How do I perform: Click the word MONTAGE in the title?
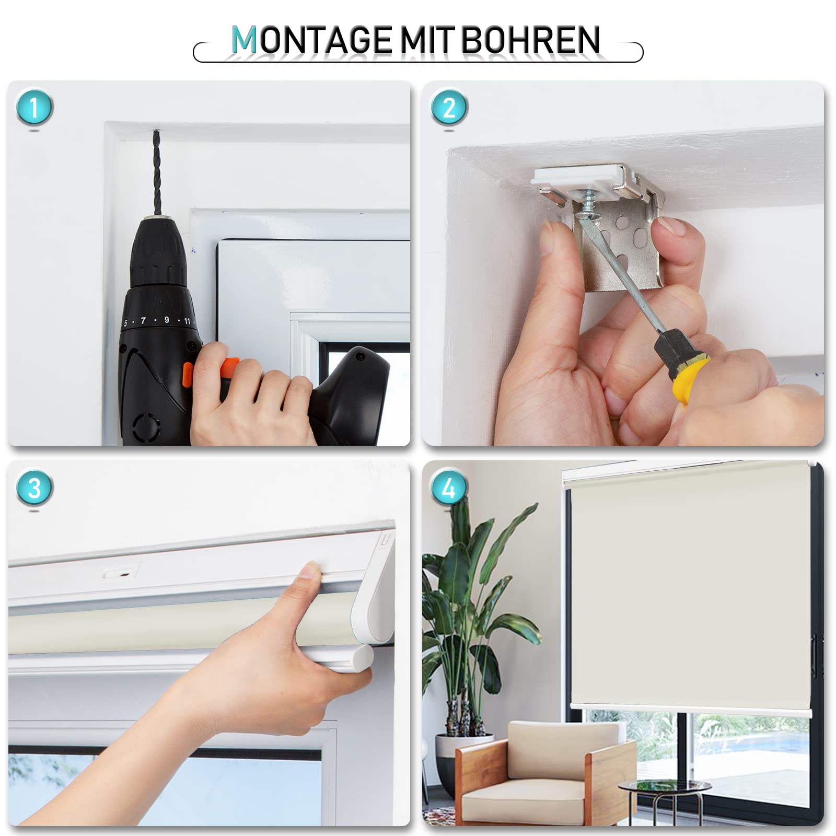tap(311, 40)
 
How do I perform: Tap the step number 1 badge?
tap(34, 108)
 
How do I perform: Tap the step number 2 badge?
tap(449, 108)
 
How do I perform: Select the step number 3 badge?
tap(34, 488)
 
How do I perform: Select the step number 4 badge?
tap(449, 488)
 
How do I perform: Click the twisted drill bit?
tap(156, 172)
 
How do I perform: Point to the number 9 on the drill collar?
tap(167, 320)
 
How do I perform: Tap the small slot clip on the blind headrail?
tap(121, 573)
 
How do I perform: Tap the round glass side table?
tap(664, 787)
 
